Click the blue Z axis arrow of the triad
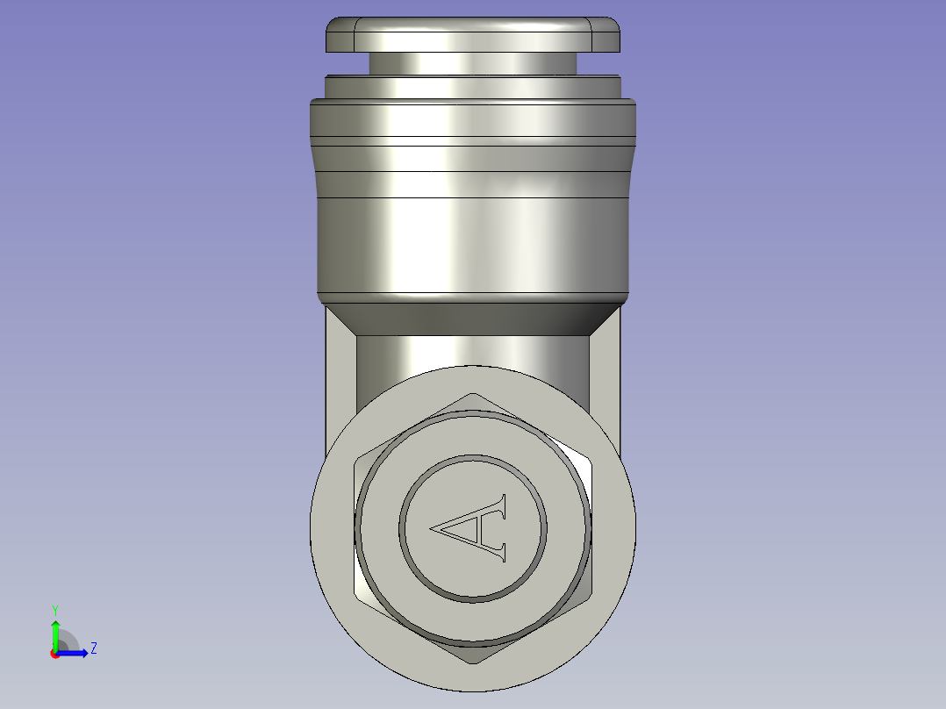[75, 652]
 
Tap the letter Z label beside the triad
[93, 648]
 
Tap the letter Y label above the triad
[54, 609]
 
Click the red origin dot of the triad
[54, 653]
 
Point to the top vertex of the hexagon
[473, 395]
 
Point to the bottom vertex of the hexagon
[473, 662]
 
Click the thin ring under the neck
[473, 86]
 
